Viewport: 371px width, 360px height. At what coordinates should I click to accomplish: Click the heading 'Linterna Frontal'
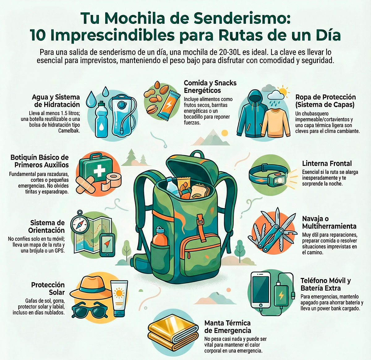point(327,163)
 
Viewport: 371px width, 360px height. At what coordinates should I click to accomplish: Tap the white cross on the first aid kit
point(100,170)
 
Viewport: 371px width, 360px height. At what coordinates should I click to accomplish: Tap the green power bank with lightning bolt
point(281,294)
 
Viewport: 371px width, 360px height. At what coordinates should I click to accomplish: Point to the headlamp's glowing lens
point(279,180)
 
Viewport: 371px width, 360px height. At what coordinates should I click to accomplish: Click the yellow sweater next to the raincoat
point(274,123)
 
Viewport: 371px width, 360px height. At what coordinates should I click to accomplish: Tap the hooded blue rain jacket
point(252,116)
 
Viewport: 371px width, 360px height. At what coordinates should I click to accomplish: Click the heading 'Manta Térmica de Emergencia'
point(228,327)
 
